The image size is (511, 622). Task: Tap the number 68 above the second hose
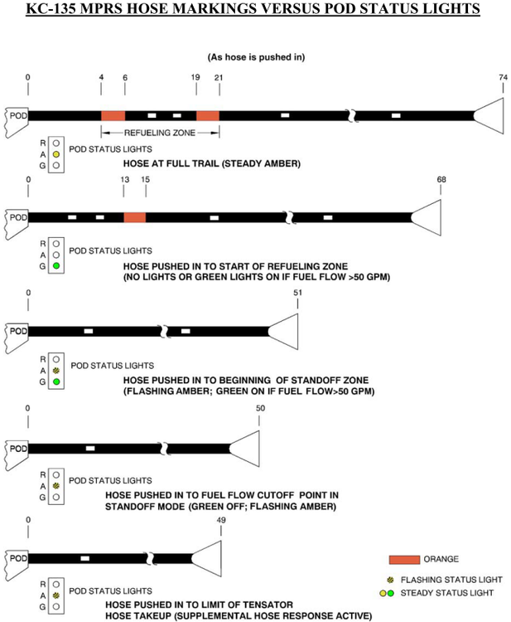(x=441, y=179)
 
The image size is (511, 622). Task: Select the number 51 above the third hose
(x=297, y=293)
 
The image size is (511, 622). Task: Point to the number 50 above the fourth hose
(x=260, y=408)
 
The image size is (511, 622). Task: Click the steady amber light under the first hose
(x=55, y=154)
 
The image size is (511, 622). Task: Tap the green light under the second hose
(x=55, y=266)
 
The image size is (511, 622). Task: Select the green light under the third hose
(x=55, y=382)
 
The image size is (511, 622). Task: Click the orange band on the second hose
(x=134, y=217)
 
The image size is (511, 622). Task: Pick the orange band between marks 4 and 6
(x=113, y=115)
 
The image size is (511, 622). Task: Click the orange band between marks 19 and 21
(x=208, y=115)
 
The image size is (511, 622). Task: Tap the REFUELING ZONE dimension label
(x=160, y=132)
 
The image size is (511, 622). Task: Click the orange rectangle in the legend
(x=404, y=559)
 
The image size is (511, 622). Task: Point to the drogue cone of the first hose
(x=489, y=115)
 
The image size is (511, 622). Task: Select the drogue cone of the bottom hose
(x=207, y=558)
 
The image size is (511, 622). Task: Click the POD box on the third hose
(x=17, y=331)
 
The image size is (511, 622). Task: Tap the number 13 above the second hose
(x=123, y=179)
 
